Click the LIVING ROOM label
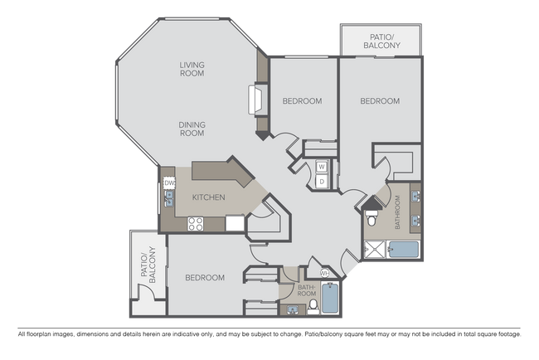click(x=192, y=69)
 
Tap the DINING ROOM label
click(x=192, y=129)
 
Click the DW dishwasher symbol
click(x=168, y=182)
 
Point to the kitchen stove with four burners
click(x=197, y=223)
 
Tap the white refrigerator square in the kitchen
click(x=236, y=223)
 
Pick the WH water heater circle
click(x=325, y=272)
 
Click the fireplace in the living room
click(x=254, y=100)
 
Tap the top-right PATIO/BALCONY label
click(x=381, y=41)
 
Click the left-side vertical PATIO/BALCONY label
click(x=147, y=265)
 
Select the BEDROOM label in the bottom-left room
click(x=205, y=278)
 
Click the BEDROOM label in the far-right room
click(x=380, y=101)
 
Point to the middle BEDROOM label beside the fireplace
click(x=302, y=101)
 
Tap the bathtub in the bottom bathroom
click(x=329, y=299)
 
